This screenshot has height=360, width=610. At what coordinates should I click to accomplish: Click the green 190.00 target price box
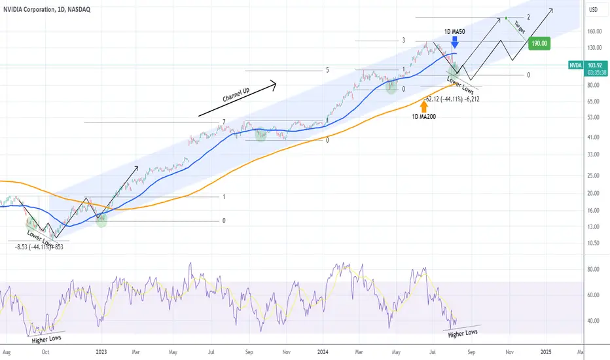pyautogui.click(x=539, y=44)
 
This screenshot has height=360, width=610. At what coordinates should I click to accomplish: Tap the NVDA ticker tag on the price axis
pyautogui.click(x=575, y=65)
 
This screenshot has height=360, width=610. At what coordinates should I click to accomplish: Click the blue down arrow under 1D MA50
pyautogui.click(x=454, y=42)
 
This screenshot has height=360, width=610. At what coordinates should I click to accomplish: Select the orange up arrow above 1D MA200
pyautogui.click(x=424, y=106)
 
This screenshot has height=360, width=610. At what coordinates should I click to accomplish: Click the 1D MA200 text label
pyautogui.click(x=424, y=117)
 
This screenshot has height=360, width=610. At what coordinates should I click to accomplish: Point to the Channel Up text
pyautogui.click(x=236, y=95)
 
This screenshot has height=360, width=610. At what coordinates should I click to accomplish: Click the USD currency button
pyautogui.click(x=593, y=10)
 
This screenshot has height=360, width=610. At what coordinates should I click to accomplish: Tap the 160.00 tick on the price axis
pyautogui.click(x=594, y=31)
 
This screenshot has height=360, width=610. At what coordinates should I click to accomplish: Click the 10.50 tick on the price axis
pyautogui.click(x=593, y=243)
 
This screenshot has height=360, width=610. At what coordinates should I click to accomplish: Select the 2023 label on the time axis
pyautogui.click(x=101, y=352)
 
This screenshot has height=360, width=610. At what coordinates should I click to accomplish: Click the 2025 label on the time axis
pyautogui.click(x=546, y=352)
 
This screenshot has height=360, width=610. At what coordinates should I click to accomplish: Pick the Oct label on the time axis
pyautogui.click(x=46, y=352)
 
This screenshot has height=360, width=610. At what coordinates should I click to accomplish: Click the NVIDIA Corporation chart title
pyautogui.click(x=46, y=9)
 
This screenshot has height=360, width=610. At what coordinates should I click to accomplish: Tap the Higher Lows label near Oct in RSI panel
pyautogui.click(x=46, y=339)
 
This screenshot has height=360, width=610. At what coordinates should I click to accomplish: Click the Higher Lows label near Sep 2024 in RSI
pyautogui.click(x=463, y=334)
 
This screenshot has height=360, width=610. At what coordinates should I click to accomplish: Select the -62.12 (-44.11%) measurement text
pyautogui.click(x=452, y=99)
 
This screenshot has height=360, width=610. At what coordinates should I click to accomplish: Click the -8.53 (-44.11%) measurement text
pyautogui.click(x=39, y=247)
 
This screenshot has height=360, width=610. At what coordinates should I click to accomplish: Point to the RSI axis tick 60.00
pyautogui.click(x=593, y=295)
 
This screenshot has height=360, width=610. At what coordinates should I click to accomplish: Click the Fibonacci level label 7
pyautogui.click(x=224, y=122)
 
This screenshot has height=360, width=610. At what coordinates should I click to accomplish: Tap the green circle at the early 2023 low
pyautogui.click(x=101, y=221)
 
